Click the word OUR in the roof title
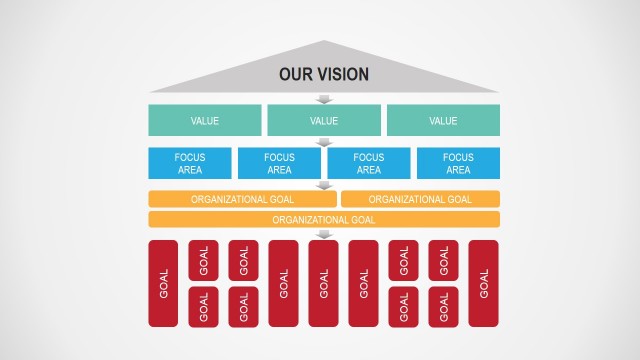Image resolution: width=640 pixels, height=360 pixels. (x=296, y=74)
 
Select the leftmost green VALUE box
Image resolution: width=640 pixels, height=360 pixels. (x=204, y=121)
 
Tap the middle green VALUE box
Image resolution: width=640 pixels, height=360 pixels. (x=324, y=121)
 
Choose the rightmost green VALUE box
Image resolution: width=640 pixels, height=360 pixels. (x=443, y=121)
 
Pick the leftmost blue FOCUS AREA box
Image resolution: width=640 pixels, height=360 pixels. (x=190, y=163)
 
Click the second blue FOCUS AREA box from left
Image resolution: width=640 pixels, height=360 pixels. (x=279, y=163)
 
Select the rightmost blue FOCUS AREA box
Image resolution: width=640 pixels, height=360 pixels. (x=458, y=163)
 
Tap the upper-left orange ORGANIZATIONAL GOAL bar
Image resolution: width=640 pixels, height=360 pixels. (x=242, y=199)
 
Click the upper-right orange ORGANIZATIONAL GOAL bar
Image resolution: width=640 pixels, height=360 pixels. (x=420, y=199)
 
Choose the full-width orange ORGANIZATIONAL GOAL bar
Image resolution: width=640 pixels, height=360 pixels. (x=324, y=219)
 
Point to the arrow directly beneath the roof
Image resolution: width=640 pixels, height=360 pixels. (x=324, y=99)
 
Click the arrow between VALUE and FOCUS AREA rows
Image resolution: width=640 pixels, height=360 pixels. (x=324, y=142)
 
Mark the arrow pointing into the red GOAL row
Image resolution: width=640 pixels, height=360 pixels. (x=324, y=234)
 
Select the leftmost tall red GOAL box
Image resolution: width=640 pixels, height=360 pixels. (x=163, y=283)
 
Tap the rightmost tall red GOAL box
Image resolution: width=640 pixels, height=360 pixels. (x=483, y=283)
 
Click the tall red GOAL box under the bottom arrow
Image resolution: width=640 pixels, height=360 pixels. (x=323, y=283)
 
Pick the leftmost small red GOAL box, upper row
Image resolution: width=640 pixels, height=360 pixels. (x=203, y=260)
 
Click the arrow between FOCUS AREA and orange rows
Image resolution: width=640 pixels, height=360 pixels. (x=324, y=185)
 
